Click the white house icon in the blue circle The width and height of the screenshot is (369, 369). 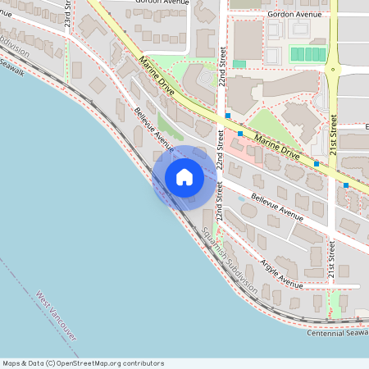(184, 177)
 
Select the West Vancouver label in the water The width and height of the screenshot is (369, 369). (57, 316)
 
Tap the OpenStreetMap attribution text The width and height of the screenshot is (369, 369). (82, 363)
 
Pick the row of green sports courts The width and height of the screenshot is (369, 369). (308, 54)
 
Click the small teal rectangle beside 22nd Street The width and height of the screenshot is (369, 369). (239, 64)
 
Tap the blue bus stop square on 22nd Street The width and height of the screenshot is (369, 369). (228, 116)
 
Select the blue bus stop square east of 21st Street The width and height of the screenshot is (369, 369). (346, 185)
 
